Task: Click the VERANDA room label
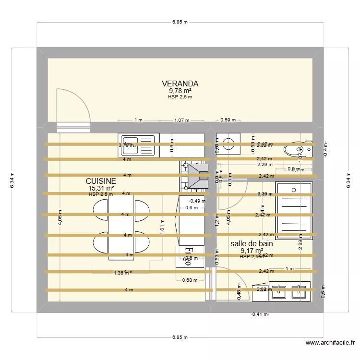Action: pyautogui.click(x=180, y=84)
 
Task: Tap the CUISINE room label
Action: pyautogui.click(x=101, y=181)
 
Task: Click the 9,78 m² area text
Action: pyautogui.click(x=180, y=91)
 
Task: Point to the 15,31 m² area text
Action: pyautogui.click(x=101, y=188)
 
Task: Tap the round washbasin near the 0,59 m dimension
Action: pyautogui.click(x=229, y=142)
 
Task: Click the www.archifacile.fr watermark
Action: pyautogui.click(x=330, y=343)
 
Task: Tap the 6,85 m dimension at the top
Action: pyautogui.click(x=180, y=22)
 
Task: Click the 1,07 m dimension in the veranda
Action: pyautogui.click(x=181, y=120)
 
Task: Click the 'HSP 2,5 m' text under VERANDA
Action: pyautogui.click(x=180, y=97)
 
